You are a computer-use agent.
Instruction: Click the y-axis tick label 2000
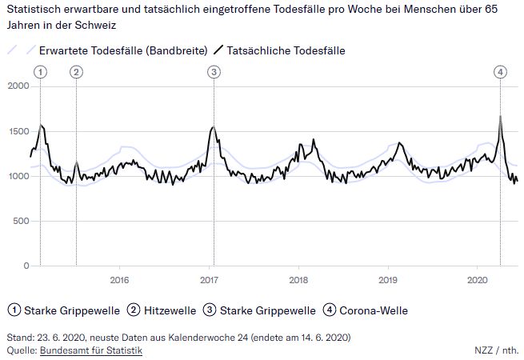[x=18, y=86]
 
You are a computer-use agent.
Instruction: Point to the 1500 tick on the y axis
[x=18, y=131]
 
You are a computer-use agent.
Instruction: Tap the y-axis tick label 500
[x=20, y=221]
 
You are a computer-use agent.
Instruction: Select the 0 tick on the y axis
[x=26, y=266]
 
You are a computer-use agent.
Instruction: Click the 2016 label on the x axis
[x=118, y=280]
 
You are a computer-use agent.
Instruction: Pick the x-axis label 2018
[x=298, y=280]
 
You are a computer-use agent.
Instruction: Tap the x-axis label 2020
[x=477, y=280]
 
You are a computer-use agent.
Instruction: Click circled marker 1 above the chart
[x=40, y=72]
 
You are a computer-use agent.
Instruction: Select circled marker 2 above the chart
[x=76, y=72]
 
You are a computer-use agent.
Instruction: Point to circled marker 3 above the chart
[x=214, y=72]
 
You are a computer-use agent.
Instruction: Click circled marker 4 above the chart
[x=500, y=72]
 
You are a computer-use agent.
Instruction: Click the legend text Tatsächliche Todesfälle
[x=286, y=50]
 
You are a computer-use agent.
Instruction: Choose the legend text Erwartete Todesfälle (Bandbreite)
[x=123, y=50]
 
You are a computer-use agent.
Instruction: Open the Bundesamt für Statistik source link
[x=91, y=350]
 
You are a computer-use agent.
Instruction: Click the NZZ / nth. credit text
[x=495, y=350]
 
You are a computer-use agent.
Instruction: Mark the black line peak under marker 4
[x=500, y=116]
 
